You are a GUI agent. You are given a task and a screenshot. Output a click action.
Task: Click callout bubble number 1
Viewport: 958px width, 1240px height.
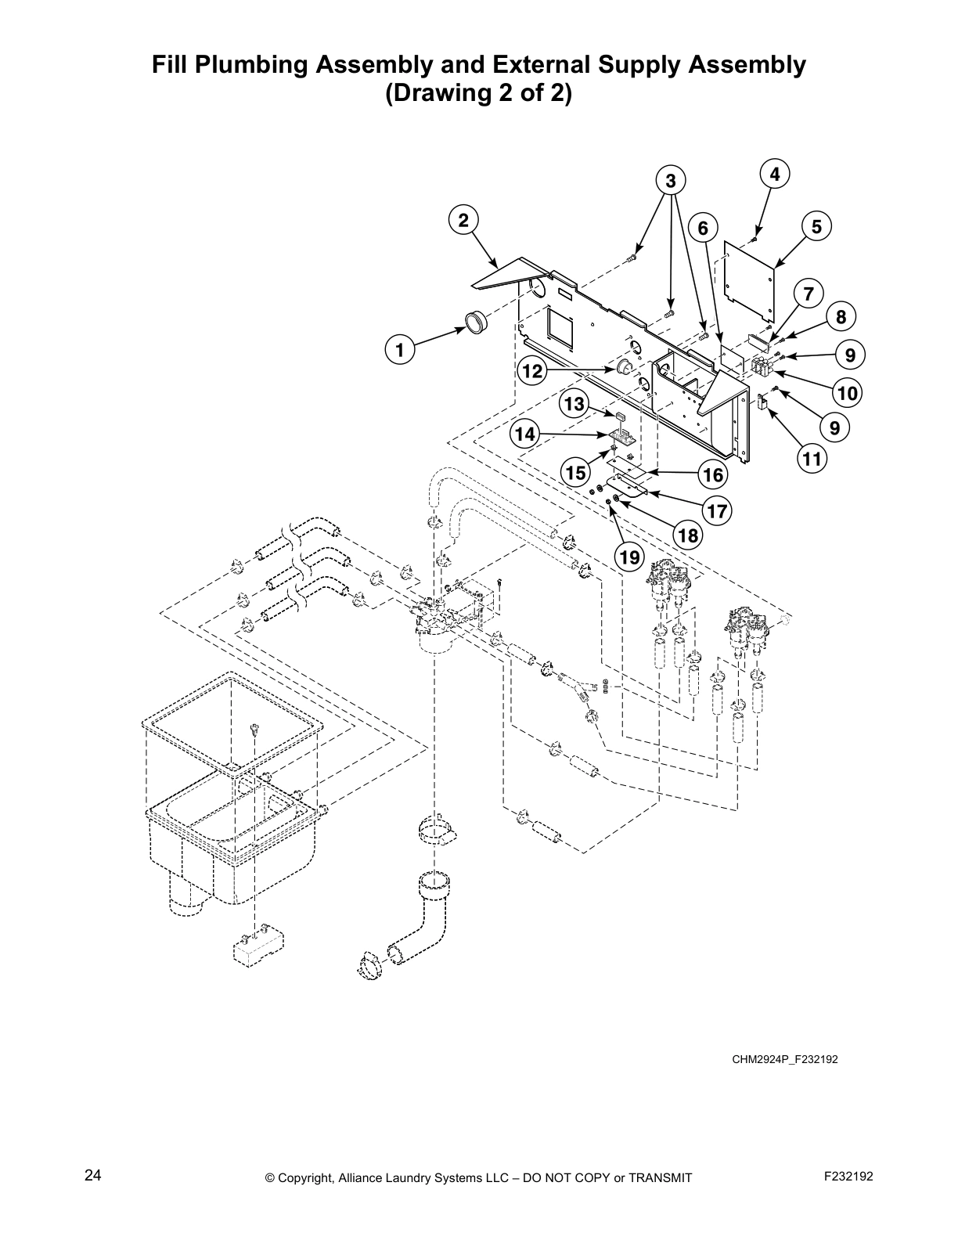[x=399, y=351]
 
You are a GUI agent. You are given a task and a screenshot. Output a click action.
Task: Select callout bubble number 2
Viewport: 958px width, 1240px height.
[x=463, y=220]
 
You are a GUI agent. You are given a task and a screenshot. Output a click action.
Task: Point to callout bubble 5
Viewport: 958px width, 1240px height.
[x=816, y=227]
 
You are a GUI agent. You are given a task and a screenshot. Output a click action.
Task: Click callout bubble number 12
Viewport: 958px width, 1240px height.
[x=533, y=371]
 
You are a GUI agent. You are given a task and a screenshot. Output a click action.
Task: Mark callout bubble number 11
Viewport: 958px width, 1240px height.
[x=812, y=459]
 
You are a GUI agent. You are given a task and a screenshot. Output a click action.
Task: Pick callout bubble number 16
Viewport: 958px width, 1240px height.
[x=713, y=474]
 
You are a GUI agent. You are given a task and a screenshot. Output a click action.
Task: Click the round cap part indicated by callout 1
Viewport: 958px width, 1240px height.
[x=474, y=321]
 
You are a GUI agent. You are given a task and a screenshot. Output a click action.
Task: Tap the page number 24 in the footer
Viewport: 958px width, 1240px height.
[x=93, y=1176]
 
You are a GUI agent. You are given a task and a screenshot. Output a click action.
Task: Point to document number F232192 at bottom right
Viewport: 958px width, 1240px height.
[x=848, y=1176]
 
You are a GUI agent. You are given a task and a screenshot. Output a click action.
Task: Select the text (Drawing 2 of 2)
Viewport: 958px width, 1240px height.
[x=478, y=94]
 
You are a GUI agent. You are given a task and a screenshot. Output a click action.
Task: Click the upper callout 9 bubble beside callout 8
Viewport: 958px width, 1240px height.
[x=849, y=355]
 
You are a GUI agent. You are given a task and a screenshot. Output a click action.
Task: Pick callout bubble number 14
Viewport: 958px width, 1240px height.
[x=526, y=434]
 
